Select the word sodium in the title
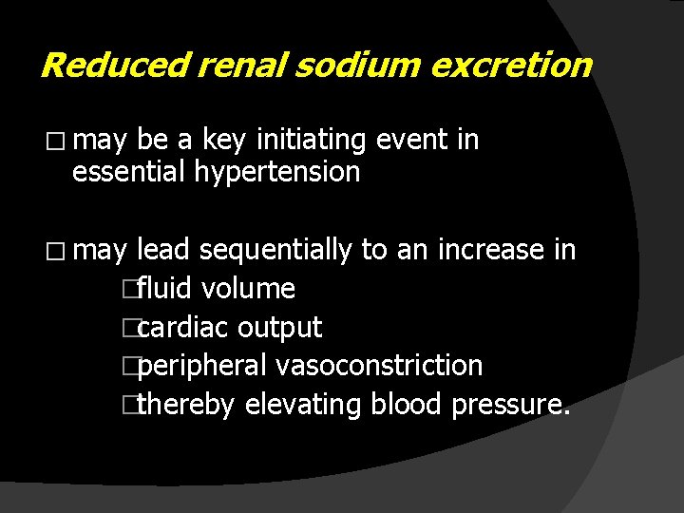pos(344,66)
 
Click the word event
pos(413,141)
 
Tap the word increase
pos(490,250)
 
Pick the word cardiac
pos(183,328)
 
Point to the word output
pos(279,328)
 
